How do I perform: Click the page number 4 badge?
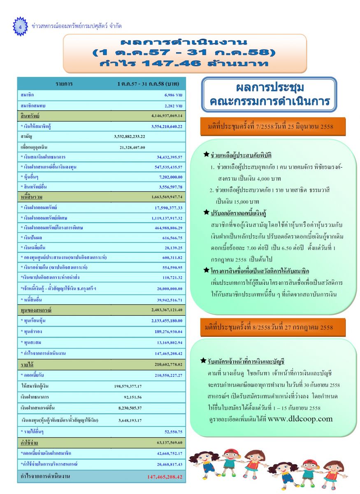pos(20,26)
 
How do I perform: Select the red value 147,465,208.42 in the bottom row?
pos(165,477)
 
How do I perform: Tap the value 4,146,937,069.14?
pos(167,116)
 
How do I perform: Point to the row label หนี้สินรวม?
pos(31,198)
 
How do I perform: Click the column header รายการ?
pos(64,84)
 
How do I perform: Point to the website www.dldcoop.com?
pos(300,419)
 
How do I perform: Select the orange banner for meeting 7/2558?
pos(272,126)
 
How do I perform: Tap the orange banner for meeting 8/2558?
pos(272,327)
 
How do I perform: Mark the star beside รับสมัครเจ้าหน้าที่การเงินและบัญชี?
pos(203,361)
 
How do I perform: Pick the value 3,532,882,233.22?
pos(130,136)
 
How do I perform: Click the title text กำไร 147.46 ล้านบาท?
pos(184,64)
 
